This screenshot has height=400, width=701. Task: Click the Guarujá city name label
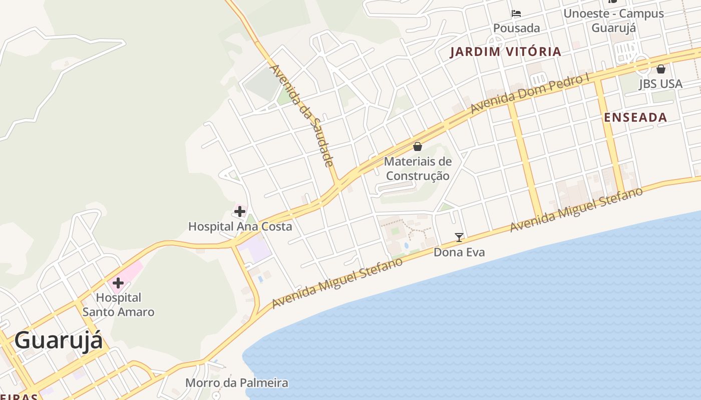coord(59,340)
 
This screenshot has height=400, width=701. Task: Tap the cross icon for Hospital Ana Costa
coord(240,211)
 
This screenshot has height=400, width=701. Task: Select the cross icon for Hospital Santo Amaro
coord(118,283)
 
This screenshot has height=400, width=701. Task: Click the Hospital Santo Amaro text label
coord(118,305)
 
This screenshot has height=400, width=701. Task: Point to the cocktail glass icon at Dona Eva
coord(459,237)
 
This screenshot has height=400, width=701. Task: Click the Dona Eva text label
coord(459,252)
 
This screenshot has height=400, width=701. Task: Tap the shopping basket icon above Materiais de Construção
coord(418,146)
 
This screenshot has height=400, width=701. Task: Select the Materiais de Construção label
coord(418,168)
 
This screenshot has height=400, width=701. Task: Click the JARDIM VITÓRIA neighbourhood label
coord(505,51)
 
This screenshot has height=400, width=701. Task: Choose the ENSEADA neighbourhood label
coord(635,117)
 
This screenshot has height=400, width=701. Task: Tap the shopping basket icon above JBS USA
coord(661,69)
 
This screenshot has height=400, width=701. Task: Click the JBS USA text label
coord(660,83)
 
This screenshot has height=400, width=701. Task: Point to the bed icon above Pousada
coord(516,13)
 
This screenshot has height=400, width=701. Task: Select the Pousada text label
coord(517,28)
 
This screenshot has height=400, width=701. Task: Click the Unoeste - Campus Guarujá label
coord(614,20)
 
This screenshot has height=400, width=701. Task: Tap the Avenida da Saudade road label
coord(301,115)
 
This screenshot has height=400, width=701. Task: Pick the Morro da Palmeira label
coord(237,383)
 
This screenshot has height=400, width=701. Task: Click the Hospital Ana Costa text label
coord(240,226)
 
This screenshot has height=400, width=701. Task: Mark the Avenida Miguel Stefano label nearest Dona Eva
coord(576,210)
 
